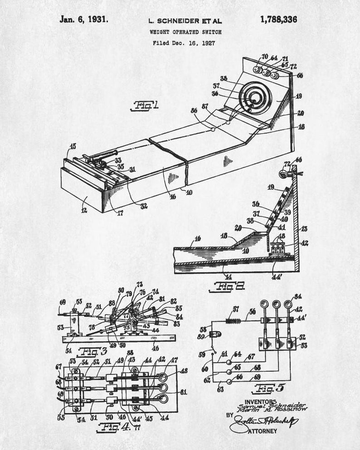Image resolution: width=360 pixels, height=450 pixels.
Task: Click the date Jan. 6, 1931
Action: pyautogui.click(x=83, y=19)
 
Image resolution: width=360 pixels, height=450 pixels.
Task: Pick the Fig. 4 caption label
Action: pyautogui.click(x=109, y=426)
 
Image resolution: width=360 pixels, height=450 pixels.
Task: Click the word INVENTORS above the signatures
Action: pyautogui.click(x=260, y=402)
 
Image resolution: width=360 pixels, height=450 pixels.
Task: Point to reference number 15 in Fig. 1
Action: pyautogui.click(x=72, y=146)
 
